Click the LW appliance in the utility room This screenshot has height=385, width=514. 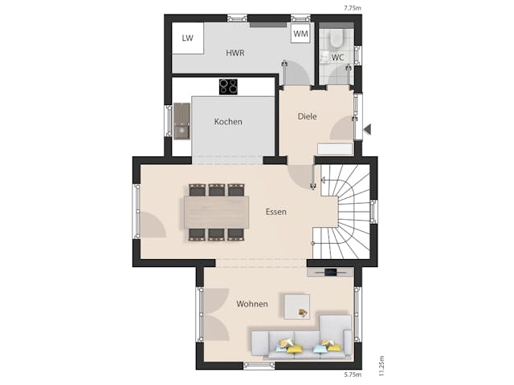(x=187, y=38)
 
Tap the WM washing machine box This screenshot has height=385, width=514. (x=301, y=34)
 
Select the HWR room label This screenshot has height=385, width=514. (x=235, y=53)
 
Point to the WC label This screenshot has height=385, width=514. (x=338, y=57)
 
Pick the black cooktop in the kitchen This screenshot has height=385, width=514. (x=229, y=87)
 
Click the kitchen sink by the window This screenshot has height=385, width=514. (x=182, y=129)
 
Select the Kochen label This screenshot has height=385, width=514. (x=228, y=122)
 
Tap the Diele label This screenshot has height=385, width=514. (x=307, y=116)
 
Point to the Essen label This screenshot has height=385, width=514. (x=277, y=212)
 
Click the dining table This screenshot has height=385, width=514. (x=216, y=213)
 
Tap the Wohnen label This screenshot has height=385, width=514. (x=251, y=304)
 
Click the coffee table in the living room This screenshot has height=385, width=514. (x=296, y=305)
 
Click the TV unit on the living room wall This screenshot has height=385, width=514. (x=330, y=272)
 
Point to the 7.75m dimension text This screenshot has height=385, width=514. (x=352, y=7)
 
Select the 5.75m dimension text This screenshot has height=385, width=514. (x=353, y=375)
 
